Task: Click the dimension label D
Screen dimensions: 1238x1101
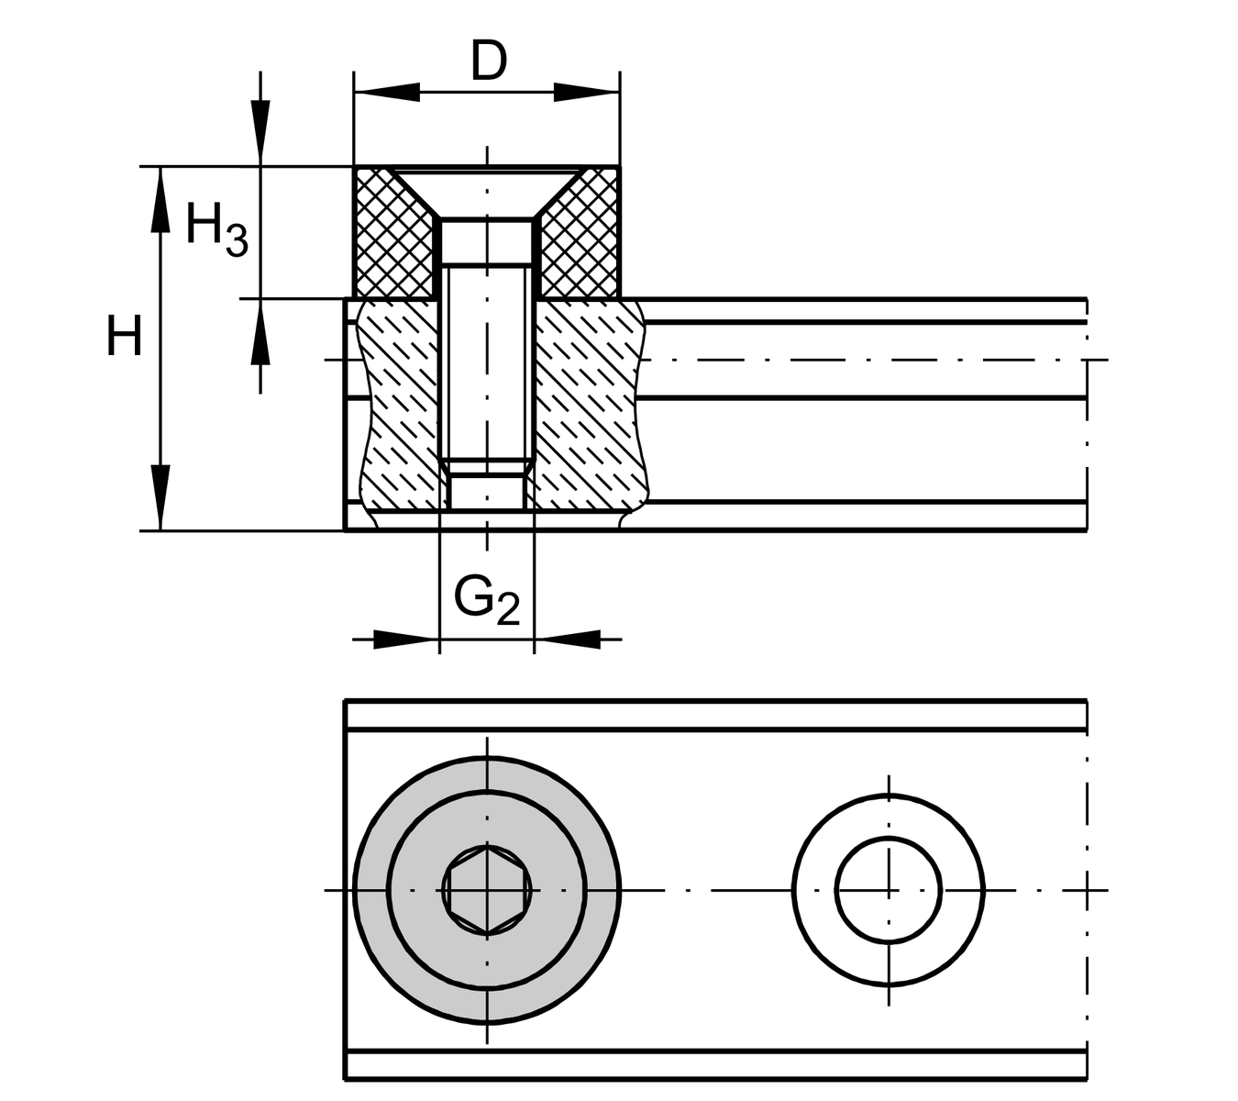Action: coord(489,61)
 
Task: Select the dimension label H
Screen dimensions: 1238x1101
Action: coord(124,335)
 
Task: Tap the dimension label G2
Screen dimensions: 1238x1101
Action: coord(486,601)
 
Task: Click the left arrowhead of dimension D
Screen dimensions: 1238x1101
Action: coord(387,93)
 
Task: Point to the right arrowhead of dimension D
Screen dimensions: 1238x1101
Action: coord(587,93)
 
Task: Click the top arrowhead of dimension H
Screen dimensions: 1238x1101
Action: coord(160,199)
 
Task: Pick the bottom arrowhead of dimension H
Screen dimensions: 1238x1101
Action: coord(160,497)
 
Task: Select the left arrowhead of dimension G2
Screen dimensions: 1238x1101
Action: coord(406,639)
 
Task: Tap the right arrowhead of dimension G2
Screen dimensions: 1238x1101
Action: coord(568,639)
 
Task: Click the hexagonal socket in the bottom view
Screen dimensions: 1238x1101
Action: coord(487,890)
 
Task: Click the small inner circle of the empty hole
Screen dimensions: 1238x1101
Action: coord(889,890)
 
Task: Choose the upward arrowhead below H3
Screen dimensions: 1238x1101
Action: coord(260,332)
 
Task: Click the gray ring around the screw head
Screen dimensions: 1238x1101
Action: coord(487,890)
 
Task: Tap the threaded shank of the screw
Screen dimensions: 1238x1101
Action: coord(487,361)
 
